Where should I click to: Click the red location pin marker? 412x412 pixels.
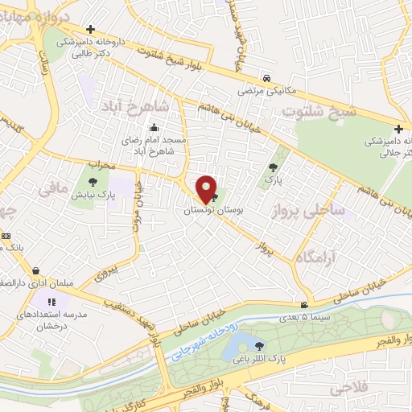tap(206, 188)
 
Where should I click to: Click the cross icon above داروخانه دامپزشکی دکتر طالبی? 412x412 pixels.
tap(91, 29)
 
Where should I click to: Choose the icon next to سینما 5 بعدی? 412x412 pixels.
tap(303, 304)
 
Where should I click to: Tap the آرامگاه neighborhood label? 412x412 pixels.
tap(323, 253)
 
